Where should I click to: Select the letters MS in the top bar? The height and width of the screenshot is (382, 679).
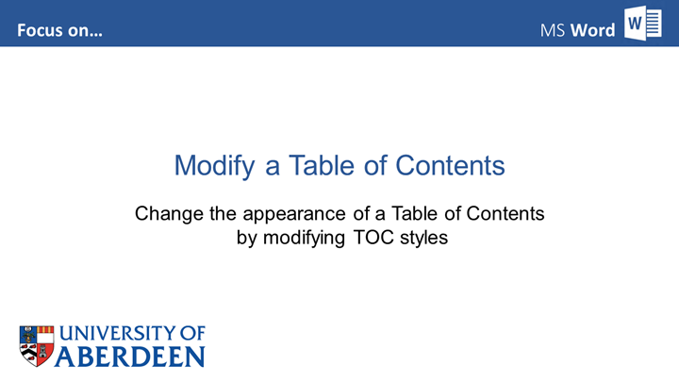click(553, 30)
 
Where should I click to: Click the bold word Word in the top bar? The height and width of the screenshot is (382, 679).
click(593, 30)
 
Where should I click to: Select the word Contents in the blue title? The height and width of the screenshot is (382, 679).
click(451, 166)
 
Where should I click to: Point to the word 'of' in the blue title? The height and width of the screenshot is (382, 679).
click(375, 166)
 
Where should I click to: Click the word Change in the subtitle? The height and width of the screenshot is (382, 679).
click(166, 214)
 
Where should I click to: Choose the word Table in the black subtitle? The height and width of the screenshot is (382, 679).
click(407, 214)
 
